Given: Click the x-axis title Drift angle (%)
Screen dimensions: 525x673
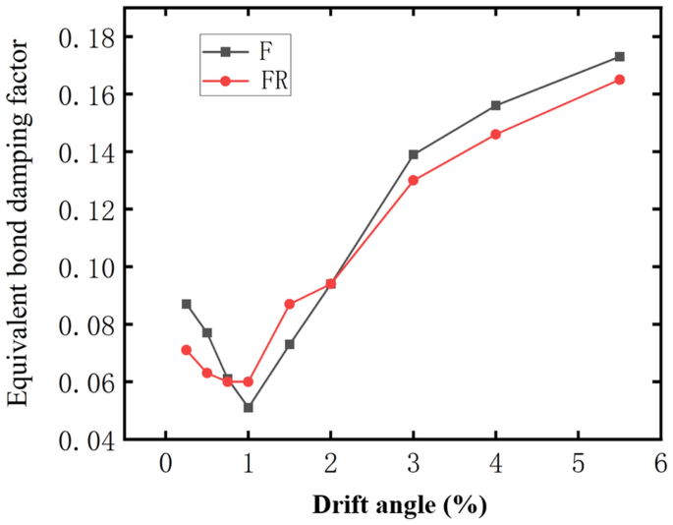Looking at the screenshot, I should [399, 505].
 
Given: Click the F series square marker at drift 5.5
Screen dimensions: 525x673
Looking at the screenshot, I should [619, 57].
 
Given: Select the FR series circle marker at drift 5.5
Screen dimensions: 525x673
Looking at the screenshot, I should [619, 80].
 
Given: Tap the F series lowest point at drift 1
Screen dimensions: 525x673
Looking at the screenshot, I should [249, 407].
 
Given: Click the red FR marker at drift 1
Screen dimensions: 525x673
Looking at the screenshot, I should [249, 381].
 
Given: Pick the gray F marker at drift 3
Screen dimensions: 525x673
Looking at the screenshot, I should [414, 154].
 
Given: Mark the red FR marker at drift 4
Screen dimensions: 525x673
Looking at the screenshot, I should [495, 135].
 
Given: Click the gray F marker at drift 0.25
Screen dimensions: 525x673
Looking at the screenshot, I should [187, 304].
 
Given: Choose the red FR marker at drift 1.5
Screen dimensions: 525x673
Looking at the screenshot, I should [290, 304].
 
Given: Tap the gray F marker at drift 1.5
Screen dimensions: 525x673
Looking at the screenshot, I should [290, 344].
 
